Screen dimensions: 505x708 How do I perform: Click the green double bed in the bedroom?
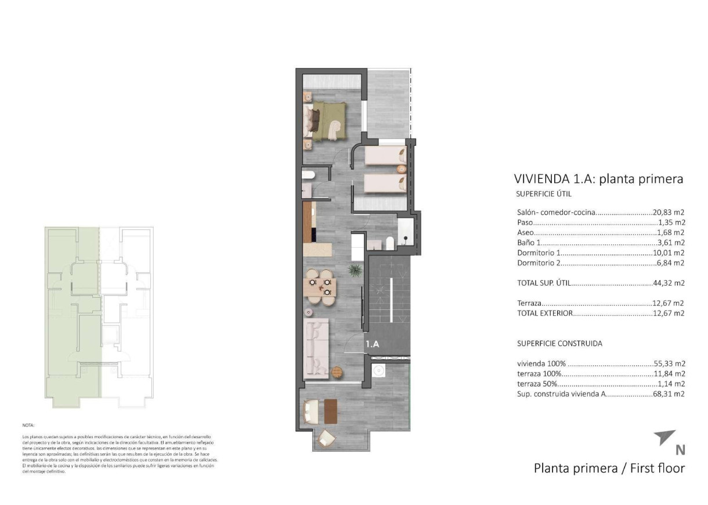pos(328,121)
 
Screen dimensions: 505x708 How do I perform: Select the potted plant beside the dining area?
pos(352,269)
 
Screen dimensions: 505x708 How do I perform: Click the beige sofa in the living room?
pos(316,347)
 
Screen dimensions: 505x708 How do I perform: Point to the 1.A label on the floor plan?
pos(372,344)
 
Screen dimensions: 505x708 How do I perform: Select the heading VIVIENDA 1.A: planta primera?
pos(598,179)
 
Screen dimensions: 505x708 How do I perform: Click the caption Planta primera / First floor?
pos(609,468)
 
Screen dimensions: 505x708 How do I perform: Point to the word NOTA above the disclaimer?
pos(28,425)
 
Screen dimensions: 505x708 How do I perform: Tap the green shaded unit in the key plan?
pos(73,313)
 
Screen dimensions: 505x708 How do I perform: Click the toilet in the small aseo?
pos(309,175)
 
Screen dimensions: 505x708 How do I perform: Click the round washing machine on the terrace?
pos(380,371)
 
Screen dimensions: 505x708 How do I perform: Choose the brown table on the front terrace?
pos(331,411)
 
